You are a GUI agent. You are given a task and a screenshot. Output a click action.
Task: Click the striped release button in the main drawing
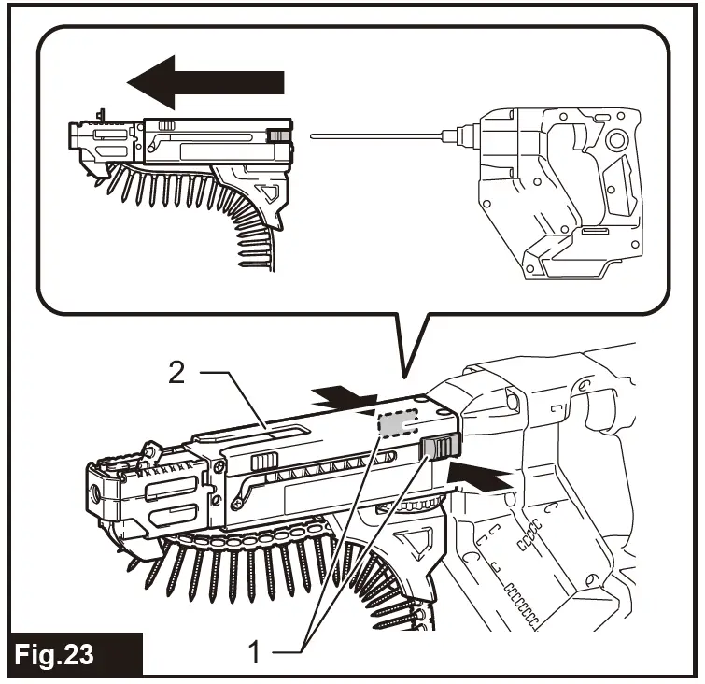[438, 449]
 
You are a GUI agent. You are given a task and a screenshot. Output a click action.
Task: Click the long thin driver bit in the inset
[383, 138]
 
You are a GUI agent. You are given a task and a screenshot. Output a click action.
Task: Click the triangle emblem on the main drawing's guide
[408, 544]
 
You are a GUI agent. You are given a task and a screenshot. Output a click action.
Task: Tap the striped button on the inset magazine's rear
[277, 136]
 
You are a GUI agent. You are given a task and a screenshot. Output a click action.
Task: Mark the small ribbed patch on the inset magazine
[166, 125]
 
